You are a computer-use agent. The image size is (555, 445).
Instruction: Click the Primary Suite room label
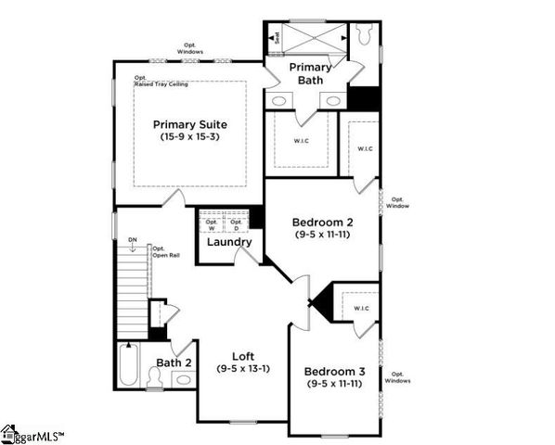[189, 124]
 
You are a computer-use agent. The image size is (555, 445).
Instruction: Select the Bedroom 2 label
[322, 222]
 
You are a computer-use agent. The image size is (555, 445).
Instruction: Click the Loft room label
[242, 355]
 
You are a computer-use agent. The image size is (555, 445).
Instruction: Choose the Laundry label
[228, 242]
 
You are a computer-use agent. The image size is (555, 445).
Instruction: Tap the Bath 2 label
[174, 362]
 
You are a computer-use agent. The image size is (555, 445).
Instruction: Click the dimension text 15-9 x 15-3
[189, 138]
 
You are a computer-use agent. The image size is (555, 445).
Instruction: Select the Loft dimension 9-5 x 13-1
[242, 368]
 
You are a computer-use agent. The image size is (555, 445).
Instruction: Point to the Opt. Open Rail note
[165, 251]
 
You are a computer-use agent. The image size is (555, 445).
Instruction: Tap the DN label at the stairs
[133, 241]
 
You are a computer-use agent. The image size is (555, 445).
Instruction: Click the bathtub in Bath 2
[127, 366]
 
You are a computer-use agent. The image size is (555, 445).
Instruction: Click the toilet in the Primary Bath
[365, 34]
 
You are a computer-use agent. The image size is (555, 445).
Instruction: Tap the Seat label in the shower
[276, 38]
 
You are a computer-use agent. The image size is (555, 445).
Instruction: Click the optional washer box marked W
[212, 223]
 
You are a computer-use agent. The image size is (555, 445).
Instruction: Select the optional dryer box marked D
[237, 223]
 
